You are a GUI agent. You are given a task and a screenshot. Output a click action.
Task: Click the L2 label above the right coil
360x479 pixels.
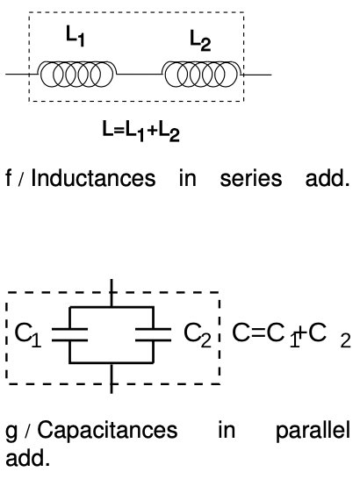click(x=199, y=39)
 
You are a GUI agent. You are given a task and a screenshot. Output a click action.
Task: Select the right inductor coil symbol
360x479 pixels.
click(x=202, y=75)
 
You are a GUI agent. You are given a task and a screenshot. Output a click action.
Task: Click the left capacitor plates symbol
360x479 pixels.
click(x=68, y=333)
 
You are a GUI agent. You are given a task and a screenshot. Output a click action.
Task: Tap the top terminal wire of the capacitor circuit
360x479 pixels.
click(x=112, y=294)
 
